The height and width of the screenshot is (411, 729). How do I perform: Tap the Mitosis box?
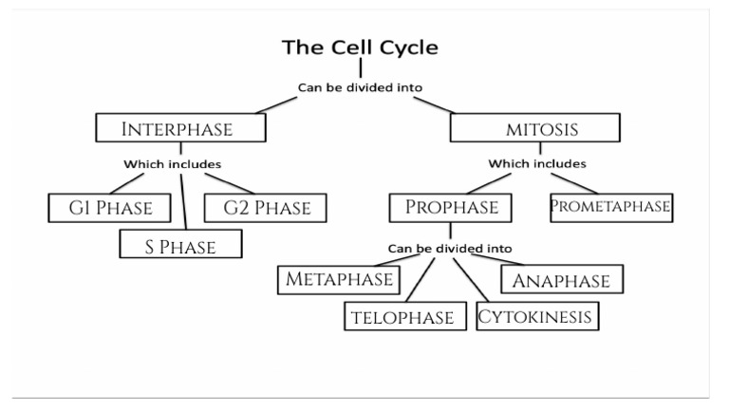536,127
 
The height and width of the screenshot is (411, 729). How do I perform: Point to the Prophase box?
451,206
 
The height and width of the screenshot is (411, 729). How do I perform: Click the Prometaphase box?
613,206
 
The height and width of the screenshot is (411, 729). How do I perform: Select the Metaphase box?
339,280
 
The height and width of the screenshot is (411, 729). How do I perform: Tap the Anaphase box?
561,280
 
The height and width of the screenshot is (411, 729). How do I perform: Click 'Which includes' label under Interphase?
172,164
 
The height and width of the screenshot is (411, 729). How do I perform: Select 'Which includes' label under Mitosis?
537,164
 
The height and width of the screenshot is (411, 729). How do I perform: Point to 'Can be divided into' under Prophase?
450,249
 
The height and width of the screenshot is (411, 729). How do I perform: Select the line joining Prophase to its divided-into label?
450,231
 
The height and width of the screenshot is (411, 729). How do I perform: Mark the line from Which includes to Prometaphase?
575,180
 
